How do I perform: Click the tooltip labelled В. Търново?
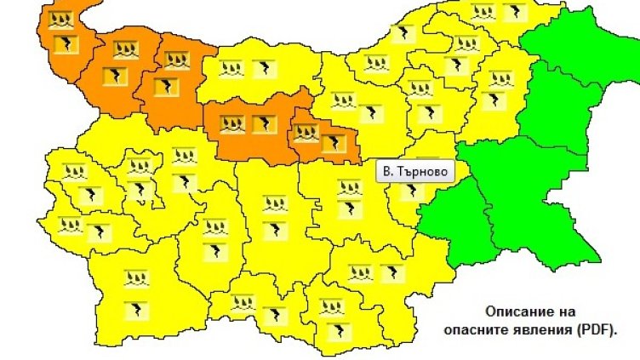click(414, 172)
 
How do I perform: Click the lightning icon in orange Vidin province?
click(63, 44)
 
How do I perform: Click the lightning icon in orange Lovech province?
click(262, 124)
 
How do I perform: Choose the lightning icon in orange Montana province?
click(111, 77)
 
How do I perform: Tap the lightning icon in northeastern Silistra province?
click(514, 13)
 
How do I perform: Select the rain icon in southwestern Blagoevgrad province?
click(135, 278)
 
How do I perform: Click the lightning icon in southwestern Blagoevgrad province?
click(135, 308)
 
